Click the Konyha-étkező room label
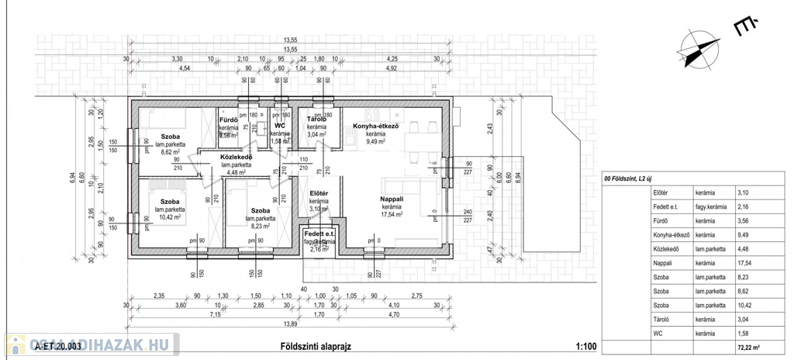point(376,126)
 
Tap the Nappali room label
point(391,199)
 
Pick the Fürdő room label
point(228,119)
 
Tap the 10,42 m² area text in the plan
point(169,218)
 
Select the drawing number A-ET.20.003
point(59,348)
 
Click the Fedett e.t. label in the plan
point(319,234)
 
